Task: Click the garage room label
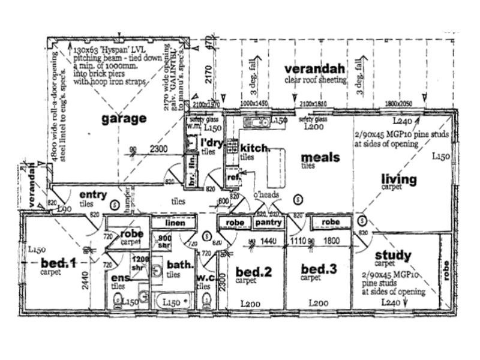124,119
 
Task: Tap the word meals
320,157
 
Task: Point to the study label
393,256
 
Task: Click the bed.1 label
59,262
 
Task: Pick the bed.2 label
253,272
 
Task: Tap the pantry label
268,223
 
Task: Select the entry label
93,194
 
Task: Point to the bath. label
181,265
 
